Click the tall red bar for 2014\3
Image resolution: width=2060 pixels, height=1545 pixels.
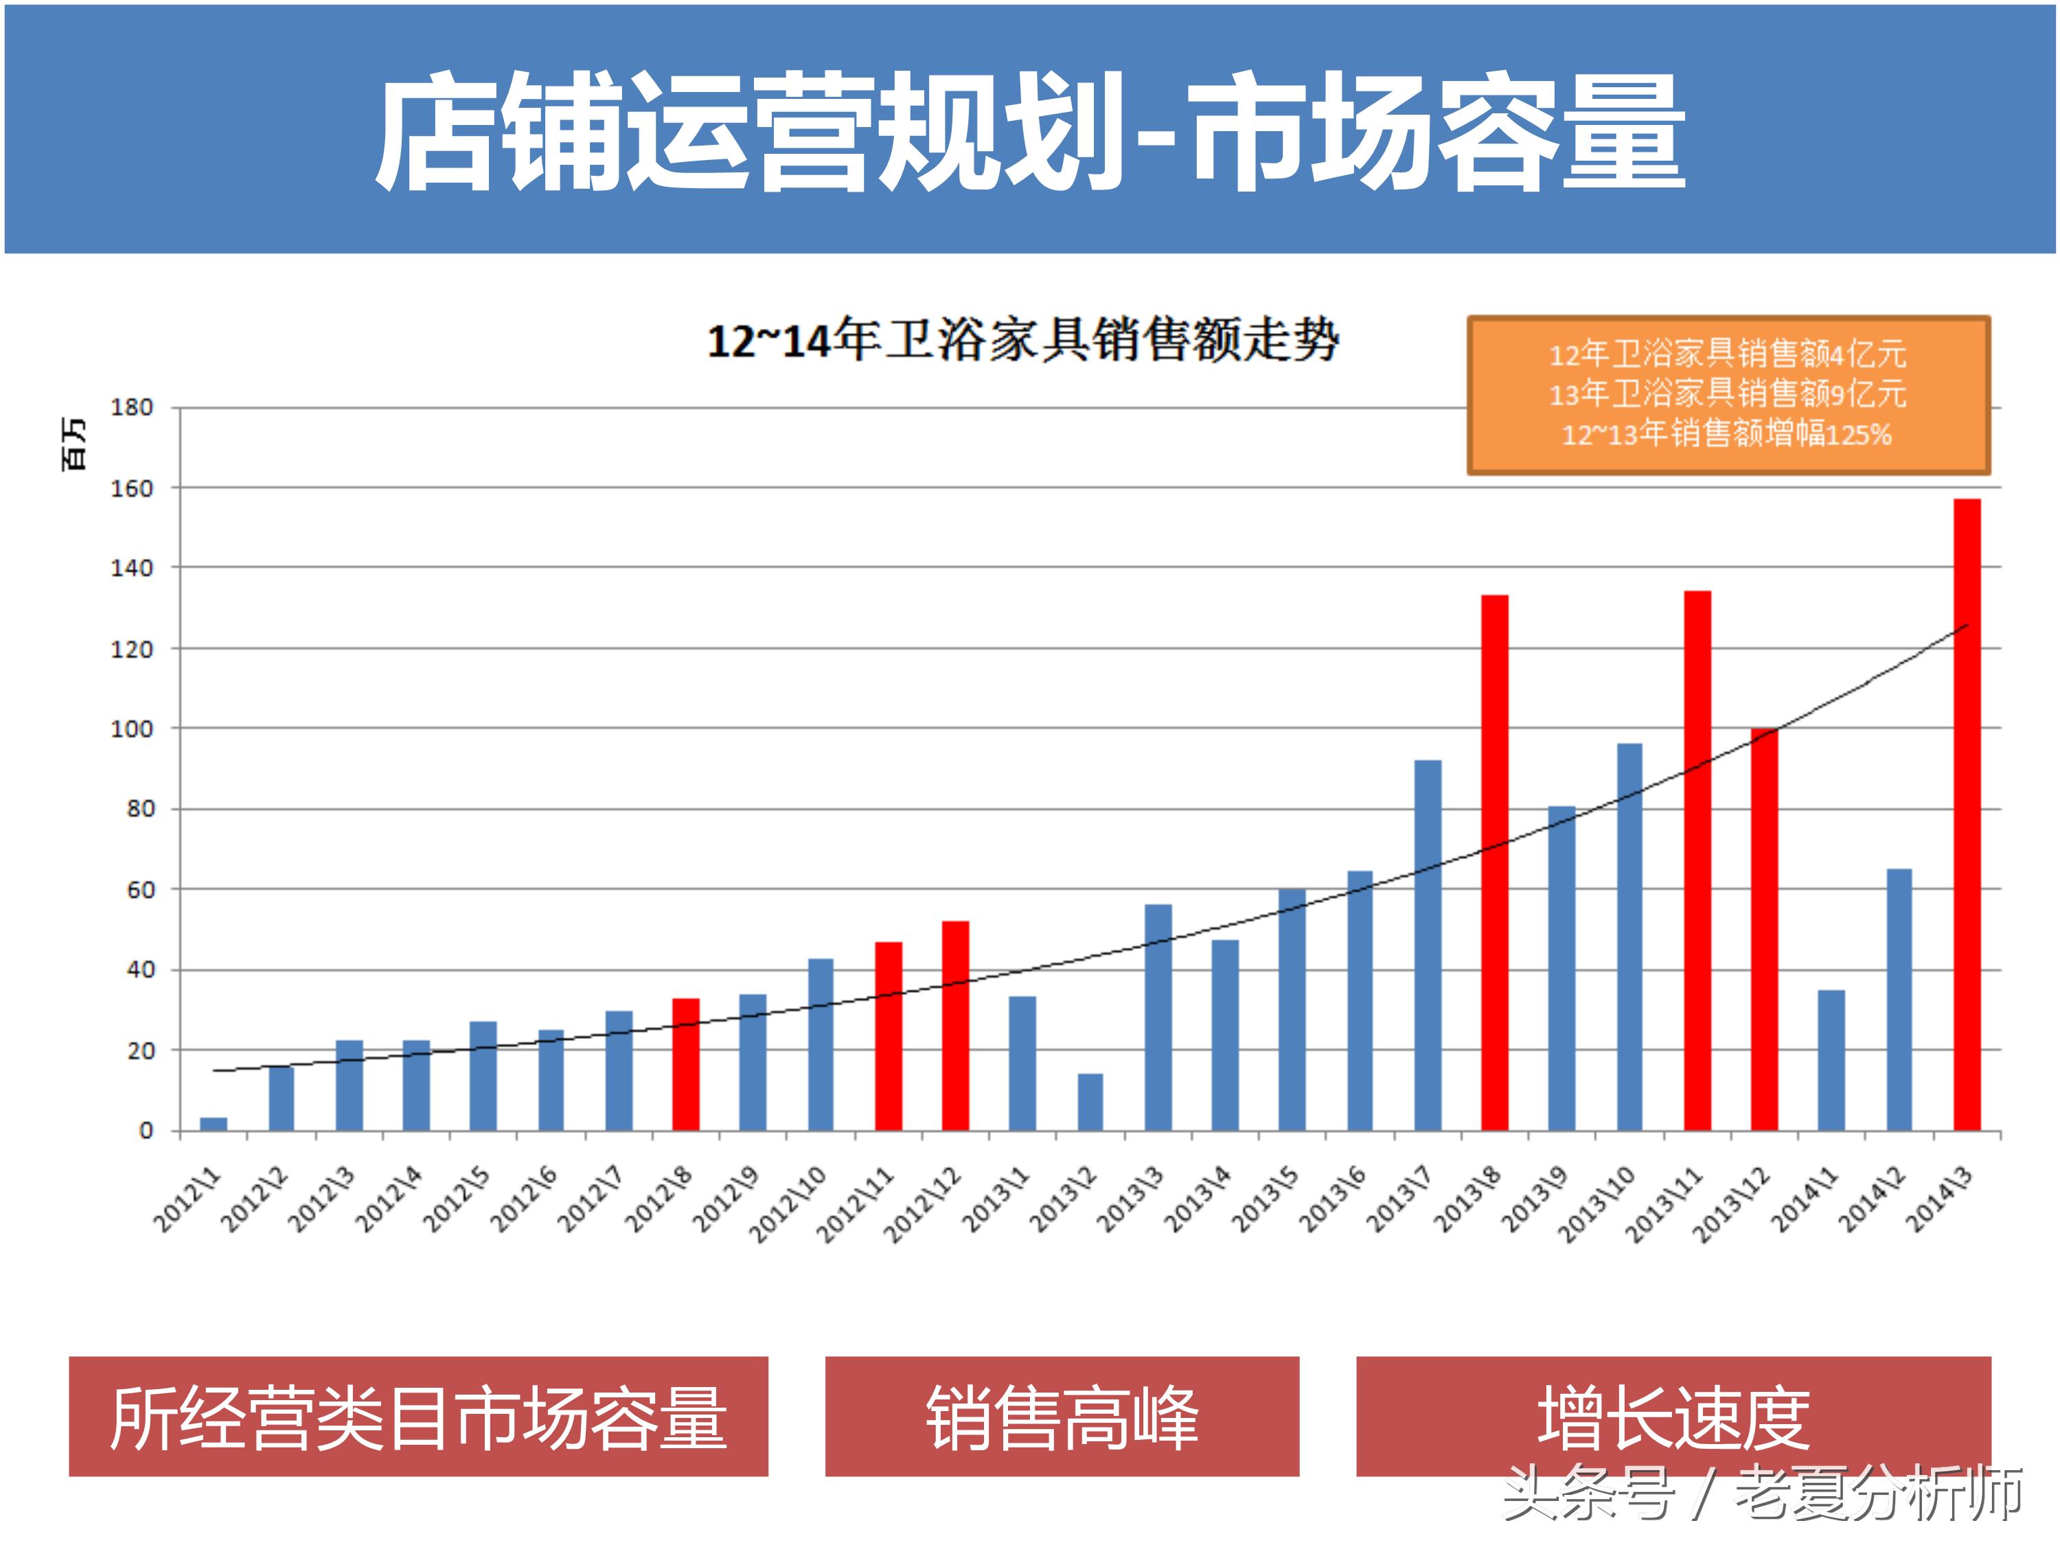click(x=1967, y=815)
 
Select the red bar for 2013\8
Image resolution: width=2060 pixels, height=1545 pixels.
click(x=1495, y=862)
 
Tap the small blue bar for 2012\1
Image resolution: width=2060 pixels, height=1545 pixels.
click(x=214, y=1123)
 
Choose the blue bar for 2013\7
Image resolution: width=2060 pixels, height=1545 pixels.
click(x=1428, y=946)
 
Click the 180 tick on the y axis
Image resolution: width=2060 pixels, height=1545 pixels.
click(x=131, y=407)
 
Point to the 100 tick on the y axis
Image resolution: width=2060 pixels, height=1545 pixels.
click(x=131, y=729)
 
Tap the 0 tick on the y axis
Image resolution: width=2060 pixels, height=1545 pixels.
click(x=146, y=1130)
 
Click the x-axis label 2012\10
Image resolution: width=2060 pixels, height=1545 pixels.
click(x=788, y=1205)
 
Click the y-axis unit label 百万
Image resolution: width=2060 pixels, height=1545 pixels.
click(x=74, y=444)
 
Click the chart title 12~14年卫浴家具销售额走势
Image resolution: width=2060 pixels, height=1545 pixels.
click(x=1022, y=340)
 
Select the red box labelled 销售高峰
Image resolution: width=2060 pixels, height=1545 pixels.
click(x=1062, y=1417)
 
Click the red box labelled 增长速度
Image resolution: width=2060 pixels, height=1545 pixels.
click(x=1673, y=1417)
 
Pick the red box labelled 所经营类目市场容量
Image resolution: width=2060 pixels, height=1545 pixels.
click(x=418, y=1417)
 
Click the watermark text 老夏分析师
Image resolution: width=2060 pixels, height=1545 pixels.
click(x=1879, y=1493)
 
